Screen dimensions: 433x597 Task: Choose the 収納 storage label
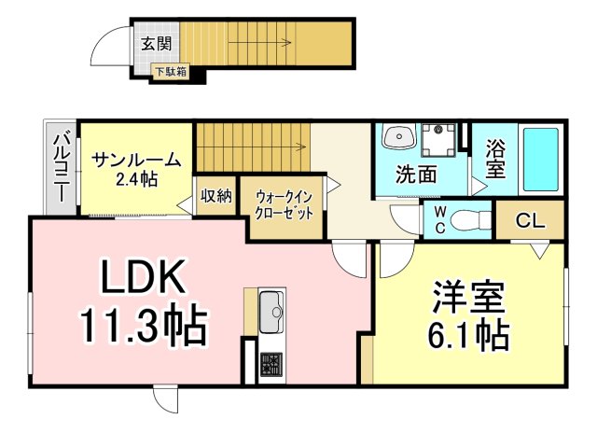click(x=216, y=196)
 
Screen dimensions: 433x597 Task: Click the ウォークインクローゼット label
click(x=284, y=204)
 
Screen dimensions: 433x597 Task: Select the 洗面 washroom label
click(x=416, y=174)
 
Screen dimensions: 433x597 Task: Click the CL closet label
click(x=531, y=221)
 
